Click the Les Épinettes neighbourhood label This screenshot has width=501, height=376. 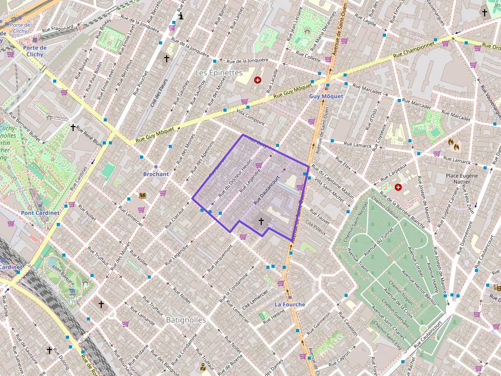(219, 73)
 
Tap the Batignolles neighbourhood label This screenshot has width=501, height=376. (186, 320)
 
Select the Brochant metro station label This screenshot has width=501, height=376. (155, 174)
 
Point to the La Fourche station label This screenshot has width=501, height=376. (290, 305)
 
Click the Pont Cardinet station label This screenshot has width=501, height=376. (40, 213)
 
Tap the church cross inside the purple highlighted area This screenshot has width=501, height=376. (261, 221)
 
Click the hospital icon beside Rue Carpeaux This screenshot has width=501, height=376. (398, 187)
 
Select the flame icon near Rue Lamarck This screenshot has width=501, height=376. (453, 145)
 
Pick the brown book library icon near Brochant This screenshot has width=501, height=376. (143, 195)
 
